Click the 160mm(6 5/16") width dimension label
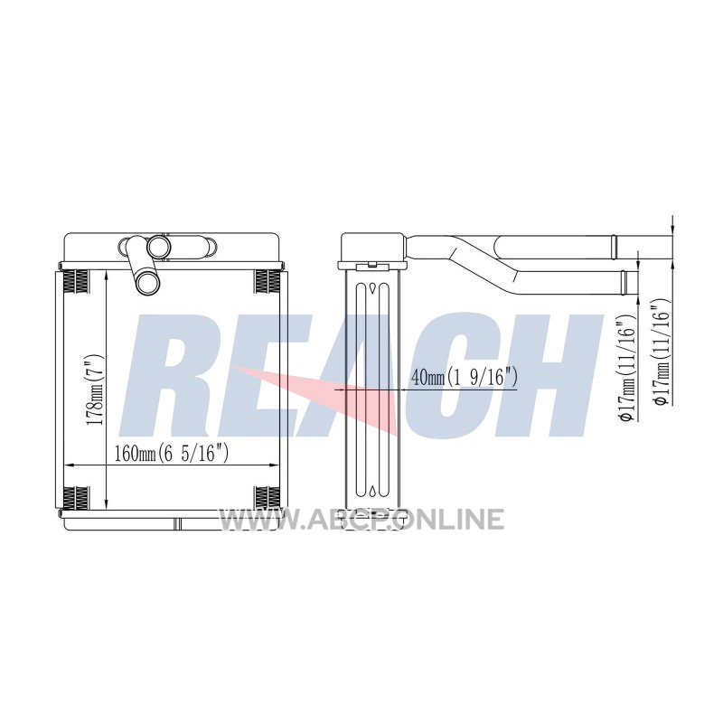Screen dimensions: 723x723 (x=172, y=455)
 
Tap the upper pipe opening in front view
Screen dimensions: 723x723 (x=159, y=247)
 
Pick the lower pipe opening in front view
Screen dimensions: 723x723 (x=147, y=283)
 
